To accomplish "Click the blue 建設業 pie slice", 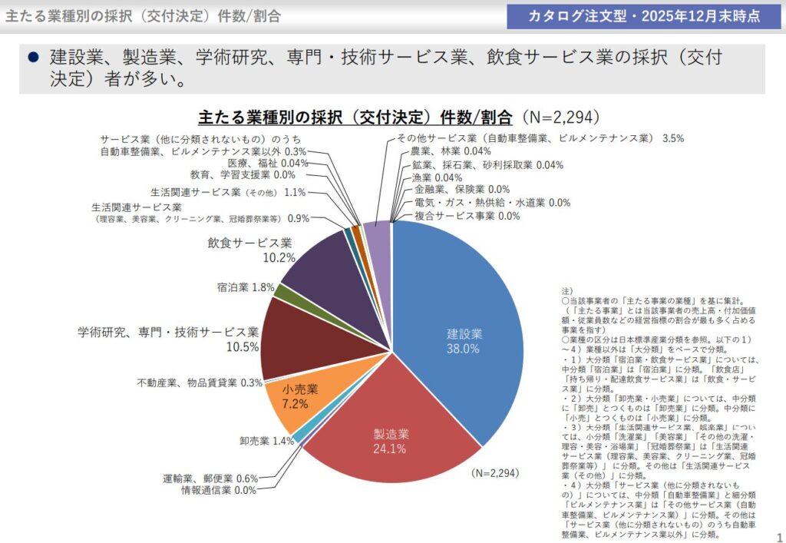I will coord(461,307).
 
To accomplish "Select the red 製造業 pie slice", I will coord(384,445).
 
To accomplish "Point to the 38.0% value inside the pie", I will coord(463,349).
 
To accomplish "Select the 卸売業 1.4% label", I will coord(266,441).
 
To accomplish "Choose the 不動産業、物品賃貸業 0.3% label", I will coord(200,382).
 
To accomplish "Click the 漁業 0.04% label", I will coord(431,177).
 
